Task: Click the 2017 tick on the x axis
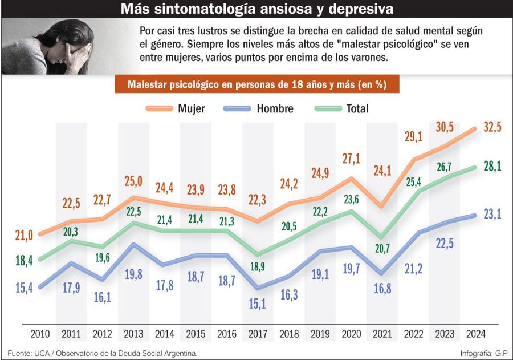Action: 258,334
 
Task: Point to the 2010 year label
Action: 40,334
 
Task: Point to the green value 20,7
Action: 382,248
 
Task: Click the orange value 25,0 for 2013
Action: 133,182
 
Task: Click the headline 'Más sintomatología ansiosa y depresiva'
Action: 256,10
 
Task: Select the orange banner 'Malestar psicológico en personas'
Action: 257,84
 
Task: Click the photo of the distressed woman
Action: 47,47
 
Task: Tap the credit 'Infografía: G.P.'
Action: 484,353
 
